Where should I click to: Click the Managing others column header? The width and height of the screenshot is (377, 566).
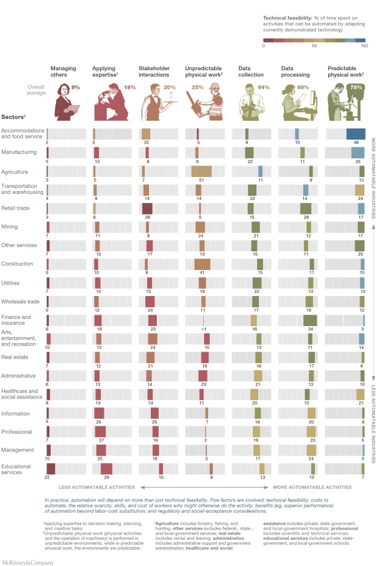[x=63, y=72]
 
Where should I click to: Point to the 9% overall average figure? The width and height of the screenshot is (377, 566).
[x=75, y=88]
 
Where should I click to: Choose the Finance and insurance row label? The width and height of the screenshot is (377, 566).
[x=17, y=320]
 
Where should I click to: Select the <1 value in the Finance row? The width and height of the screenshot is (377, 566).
[x=204, y=329]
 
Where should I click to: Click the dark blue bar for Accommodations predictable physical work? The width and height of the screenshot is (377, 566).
[x=355, y=133]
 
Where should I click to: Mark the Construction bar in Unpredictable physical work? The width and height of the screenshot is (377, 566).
[x=202, y=264]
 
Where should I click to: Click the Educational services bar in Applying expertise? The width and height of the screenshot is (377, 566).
[x=106, y=469]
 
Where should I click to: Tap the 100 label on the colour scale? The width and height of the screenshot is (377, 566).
[x=363, y=46]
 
